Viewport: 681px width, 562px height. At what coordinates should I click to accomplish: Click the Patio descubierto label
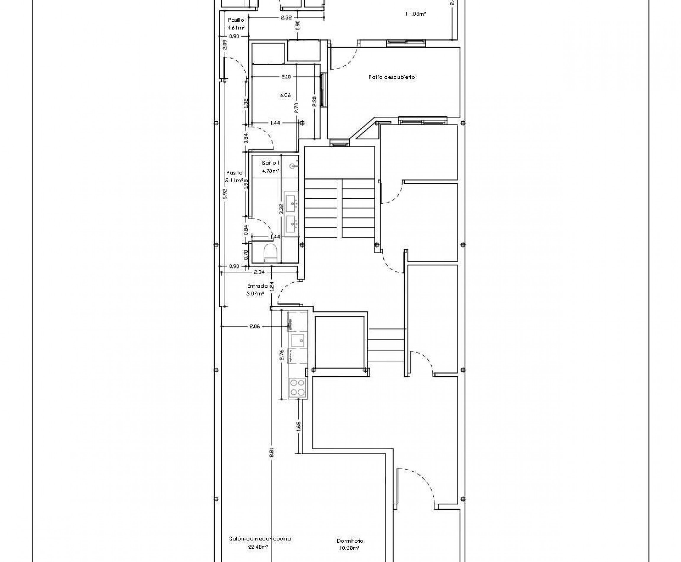391,77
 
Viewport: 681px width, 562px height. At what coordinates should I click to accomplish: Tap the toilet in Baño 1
270,253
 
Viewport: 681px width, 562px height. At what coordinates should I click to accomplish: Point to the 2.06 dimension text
255,326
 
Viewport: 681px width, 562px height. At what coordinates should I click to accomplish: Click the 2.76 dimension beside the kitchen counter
282,355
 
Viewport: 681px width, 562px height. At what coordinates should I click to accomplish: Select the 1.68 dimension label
299,426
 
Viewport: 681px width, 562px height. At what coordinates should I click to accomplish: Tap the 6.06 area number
285,95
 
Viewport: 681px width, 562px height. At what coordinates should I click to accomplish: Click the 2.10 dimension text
286,77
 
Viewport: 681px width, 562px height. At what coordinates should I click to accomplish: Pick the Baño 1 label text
270,163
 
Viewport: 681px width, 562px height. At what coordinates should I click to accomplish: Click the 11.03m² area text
415,14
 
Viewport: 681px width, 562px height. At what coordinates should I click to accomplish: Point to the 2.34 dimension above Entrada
259,272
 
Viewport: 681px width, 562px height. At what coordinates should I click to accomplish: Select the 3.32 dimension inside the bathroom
281,209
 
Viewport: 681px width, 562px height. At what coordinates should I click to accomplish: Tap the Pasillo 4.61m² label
236,24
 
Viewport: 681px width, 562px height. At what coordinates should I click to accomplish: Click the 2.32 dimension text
286,18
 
